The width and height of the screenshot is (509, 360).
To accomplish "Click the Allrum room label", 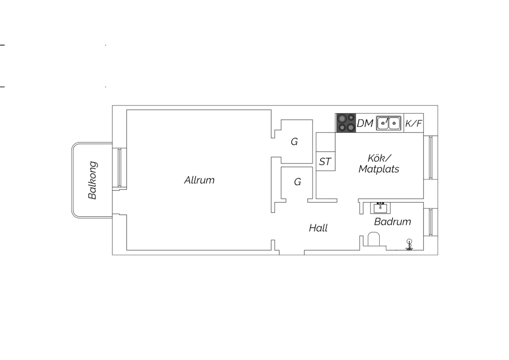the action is click(199, 180).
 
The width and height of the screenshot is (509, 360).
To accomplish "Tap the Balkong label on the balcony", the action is click(93, 180).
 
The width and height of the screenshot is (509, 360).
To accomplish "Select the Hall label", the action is click(318, 228).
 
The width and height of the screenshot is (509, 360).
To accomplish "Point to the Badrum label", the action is click(393, 222).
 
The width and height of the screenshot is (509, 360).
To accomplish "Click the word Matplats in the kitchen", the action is click(379, 169).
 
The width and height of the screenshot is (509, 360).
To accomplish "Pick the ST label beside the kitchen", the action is click(325, 162).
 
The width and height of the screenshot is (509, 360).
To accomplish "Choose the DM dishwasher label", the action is click(365, 123).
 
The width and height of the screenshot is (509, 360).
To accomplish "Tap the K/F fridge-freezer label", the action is click(414, 123).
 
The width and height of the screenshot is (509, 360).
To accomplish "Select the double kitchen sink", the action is click(389, 123).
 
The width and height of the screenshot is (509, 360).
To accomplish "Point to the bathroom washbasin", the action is click(380, 208).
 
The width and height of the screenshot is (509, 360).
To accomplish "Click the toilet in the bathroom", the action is click(374, 239).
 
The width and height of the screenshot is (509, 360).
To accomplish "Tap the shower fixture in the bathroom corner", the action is click(409, 245).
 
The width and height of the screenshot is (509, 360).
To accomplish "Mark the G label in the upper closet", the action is click(294, 142).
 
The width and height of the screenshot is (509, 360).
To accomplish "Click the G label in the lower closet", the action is click(298, 182).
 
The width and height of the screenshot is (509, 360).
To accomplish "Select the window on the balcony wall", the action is click(119, 168).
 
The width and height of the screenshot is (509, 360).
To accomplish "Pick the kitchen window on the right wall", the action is click(431, 157).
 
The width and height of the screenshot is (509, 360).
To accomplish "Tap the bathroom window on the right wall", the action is click(431, 222).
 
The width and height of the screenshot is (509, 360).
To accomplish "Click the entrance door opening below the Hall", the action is click(292, 252).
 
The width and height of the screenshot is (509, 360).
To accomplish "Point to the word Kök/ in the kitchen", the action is click(379, 158).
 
